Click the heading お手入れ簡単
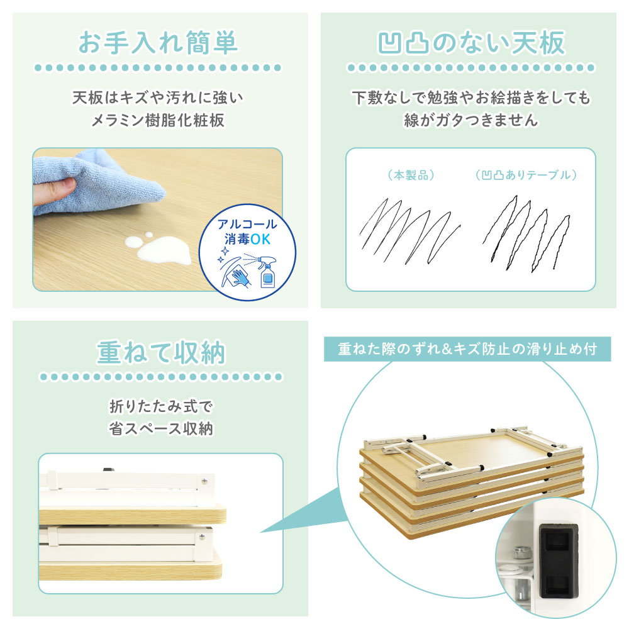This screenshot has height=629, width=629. coord(158,43)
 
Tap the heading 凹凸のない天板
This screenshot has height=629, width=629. coord(471,43)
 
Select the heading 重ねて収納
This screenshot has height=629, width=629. coord(161,353)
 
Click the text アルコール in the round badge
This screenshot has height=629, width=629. coord(247,224)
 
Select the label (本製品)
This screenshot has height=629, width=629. coord(411,175)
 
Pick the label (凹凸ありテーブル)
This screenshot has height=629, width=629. coord(526,175)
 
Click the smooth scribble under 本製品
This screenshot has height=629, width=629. coord(409,232)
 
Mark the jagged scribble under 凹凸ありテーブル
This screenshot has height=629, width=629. coord(526,233)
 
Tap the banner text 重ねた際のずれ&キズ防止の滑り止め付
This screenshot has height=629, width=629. coord(467,349)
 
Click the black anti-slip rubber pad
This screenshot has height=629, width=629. coord(559,561)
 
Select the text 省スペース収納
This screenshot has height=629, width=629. coord(161,429)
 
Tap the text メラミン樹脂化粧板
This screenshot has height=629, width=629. coord(158,120)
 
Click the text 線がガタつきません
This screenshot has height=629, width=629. coord(471,120)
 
